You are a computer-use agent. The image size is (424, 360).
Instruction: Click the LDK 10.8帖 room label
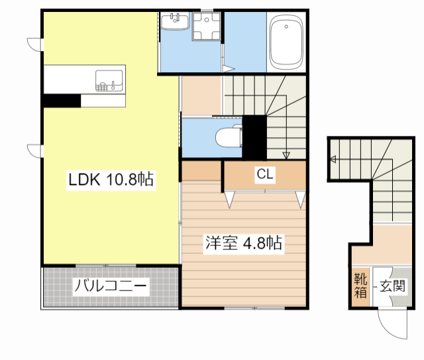[x=111, y=179]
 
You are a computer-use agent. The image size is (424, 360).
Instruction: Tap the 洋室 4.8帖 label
[x=243, y=243]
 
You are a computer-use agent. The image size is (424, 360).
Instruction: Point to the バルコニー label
[x=111, y=287]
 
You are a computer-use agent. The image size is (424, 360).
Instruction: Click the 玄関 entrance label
[x=392, y=286]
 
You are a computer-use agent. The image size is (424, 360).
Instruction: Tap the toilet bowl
[x=229, y=137]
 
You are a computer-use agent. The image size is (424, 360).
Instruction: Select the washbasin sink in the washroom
[x=176, y=23]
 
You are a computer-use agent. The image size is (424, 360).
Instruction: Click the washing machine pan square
[x=206, y=27]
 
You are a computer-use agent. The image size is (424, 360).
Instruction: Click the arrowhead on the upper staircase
[x=286, y=156]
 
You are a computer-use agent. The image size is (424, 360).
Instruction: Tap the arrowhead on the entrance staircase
[x=333, y=159]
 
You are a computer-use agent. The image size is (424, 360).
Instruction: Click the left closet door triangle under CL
[x=229, y=198]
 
